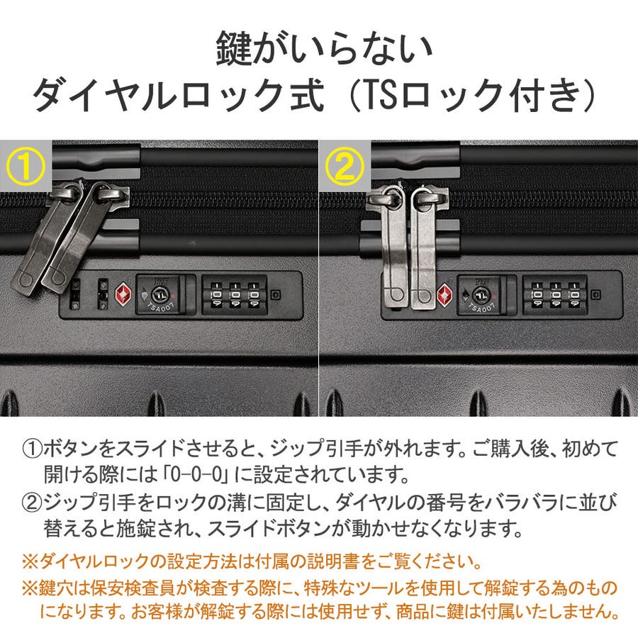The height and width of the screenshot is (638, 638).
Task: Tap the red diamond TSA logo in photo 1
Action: [x=123, y=293]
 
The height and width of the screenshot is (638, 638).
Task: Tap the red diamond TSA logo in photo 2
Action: [x=444, y=295]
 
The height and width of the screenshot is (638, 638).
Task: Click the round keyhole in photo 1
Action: [x=159, y=293]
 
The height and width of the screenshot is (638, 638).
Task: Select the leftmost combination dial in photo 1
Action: [x=216, y=295]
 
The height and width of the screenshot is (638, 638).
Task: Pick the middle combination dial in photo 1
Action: [x=235, y=295]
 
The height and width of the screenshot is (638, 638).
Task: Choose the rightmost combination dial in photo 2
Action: [x=574, y=295]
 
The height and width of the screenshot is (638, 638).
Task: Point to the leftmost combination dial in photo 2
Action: [x=537, y=295]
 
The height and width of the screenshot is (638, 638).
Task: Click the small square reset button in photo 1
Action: [x=276, y=294]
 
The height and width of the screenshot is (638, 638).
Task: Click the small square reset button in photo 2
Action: [x=595, y=294]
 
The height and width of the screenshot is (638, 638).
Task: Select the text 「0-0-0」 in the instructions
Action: [x=198, y=474]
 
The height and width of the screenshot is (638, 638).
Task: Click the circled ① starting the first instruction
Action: [x=32, y=449]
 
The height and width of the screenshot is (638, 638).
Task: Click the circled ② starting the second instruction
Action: [x=32, y=503]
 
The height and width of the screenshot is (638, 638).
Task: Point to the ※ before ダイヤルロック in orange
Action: [x=30, y=562]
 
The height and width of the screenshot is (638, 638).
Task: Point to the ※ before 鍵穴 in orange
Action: [x=30, y=588]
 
